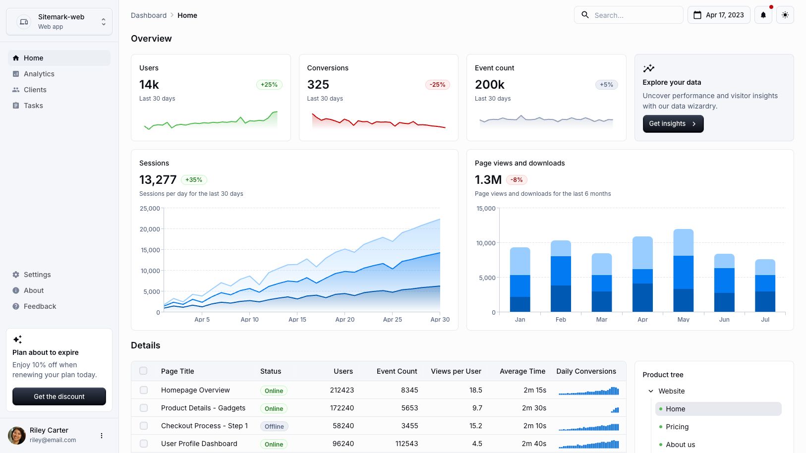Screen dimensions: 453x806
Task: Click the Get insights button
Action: pos(673,124)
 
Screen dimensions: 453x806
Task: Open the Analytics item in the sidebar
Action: pos(39,74)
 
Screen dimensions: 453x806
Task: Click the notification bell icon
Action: pos(763,15)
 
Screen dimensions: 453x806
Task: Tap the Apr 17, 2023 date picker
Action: pos(718,15)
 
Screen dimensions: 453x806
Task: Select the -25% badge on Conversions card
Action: pos(437,85)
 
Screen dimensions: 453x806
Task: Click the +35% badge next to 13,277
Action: pos(194,180)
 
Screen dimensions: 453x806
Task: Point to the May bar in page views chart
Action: pos(683,270)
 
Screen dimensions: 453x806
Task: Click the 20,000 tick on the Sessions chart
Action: pos(150,229)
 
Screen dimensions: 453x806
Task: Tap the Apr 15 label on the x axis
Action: pos(297,320)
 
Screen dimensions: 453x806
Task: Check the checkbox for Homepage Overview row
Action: pos(144,390)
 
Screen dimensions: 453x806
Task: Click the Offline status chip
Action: pos(274,426)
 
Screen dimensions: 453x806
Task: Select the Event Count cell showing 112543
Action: pos(406,444)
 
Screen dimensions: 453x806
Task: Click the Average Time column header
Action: pos(522,371)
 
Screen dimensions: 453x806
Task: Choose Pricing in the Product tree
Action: pos(677,427)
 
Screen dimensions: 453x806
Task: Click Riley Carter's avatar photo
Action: pos(17,435)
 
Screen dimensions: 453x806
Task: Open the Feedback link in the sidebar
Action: pos(40,306)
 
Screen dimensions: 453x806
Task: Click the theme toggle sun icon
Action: pos(785,15)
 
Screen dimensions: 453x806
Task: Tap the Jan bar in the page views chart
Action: pos(519,280)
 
